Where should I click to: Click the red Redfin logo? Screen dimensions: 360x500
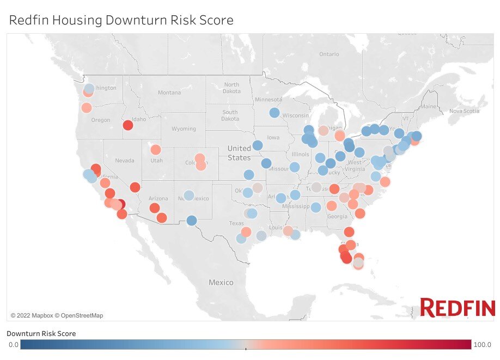coord(456,308)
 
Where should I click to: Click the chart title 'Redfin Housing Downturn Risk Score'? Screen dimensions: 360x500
coord(121,20)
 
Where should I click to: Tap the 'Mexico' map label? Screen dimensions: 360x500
coord(221,282)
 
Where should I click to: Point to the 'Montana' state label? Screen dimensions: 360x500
coord(169,93)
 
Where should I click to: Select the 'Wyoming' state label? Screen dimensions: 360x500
coord(184,129)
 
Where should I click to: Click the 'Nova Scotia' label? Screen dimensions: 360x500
coord(464,111)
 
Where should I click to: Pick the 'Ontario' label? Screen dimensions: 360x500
coord(328,54)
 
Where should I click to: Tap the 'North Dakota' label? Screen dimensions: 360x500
coord(231,88)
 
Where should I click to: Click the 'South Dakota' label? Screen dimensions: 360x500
coord(230,115)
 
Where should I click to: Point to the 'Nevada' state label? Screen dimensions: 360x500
coord(125,161)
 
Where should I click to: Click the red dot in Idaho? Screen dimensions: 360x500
coord(128,125)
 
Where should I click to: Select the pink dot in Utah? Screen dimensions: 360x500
coord(156,150)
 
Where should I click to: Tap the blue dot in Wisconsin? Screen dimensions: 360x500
coord(275,113)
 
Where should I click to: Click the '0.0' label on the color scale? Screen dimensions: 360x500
coord(14,345)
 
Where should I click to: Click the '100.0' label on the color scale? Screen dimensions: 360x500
coord(481,345)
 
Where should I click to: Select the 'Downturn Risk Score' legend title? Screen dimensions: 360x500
coord(41,333)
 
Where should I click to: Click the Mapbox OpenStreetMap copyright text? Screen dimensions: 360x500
coord(57,315)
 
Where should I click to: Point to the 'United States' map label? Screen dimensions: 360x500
coord(239,153)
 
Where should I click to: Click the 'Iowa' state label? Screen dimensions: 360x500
coord(273,138)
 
